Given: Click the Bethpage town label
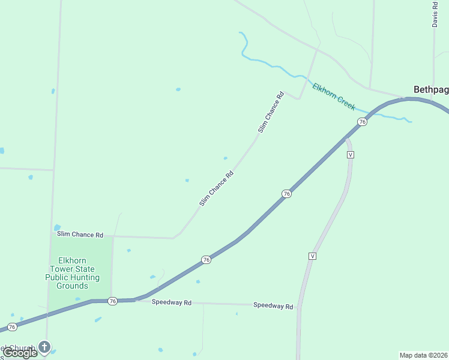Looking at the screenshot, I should (x=431, y=89).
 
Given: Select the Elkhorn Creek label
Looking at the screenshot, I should (x=334, y=96).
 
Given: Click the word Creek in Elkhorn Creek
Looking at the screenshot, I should (x=345, y=102).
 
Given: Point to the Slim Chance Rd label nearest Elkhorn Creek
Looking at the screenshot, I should (x=271, y=112).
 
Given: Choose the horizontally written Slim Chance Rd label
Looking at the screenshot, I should (x=80, y=235).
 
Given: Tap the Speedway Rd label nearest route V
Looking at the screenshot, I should (x=273, y=306).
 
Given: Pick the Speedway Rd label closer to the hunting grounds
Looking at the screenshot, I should (x=171, y=303).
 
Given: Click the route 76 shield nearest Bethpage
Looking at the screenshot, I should (x=362, y=122).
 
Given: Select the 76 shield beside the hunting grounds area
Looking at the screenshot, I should (x=112, y=301).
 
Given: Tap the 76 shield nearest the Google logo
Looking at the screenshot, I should (x=11, y=327).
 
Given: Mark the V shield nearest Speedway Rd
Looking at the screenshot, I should (x=312, y=256).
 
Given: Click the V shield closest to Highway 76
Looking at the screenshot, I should (x=351, y=155).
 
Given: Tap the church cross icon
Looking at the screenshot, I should (x=44, y=346).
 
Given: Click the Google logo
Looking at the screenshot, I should (x=20, y=353).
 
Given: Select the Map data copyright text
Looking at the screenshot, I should (x=423, y=355).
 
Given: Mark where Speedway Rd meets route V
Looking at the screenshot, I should (x=299, y=307).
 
